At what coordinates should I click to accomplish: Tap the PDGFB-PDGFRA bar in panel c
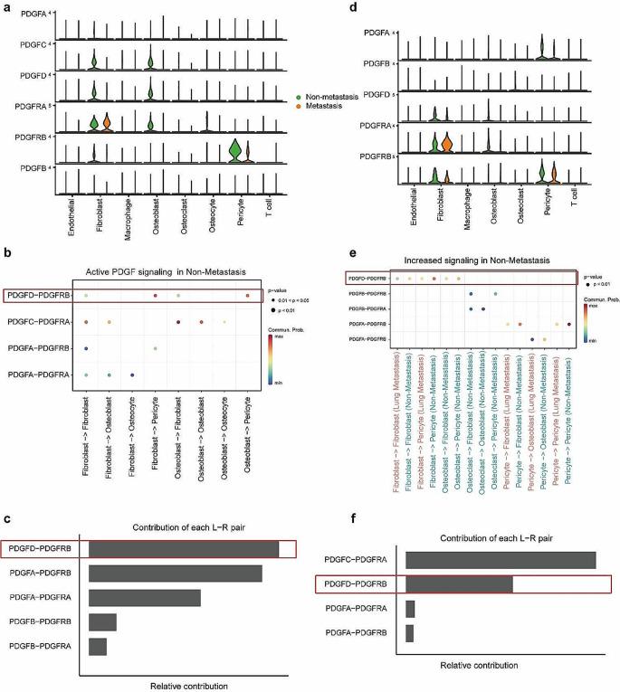tap(97, 646)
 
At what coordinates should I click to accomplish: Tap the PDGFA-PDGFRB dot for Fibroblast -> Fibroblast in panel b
tap(86, 348)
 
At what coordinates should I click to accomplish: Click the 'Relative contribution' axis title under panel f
tap(479, 665)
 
